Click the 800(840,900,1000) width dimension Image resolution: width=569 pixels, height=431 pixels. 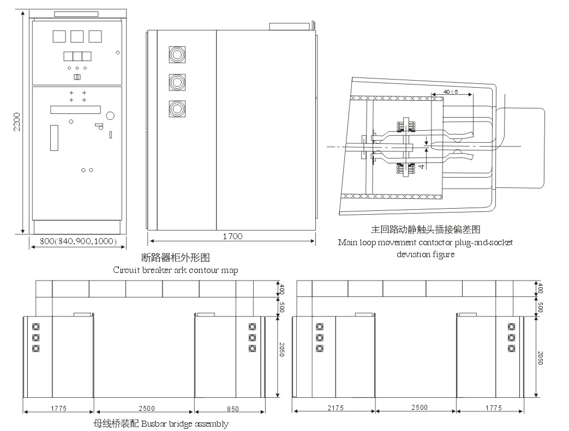78,241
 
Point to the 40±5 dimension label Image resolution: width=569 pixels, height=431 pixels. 451,92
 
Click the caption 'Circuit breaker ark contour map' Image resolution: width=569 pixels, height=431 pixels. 175,270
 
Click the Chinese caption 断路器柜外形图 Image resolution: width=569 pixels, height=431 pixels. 175,257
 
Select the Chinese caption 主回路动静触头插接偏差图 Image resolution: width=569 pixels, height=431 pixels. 426,230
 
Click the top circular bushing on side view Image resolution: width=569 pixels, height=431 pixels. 176,54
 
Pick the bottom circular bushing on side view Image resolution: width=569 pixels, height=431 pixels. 176,108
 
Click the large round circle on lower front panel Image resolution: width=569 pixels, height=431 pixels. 110,116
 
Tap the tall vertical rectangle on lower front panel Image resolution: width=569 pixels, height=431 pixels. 54,137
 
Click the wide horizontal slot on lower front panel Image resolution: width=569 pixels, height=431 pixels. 75,110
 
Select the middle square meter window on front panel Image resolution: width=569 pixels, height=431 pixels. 77,37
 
